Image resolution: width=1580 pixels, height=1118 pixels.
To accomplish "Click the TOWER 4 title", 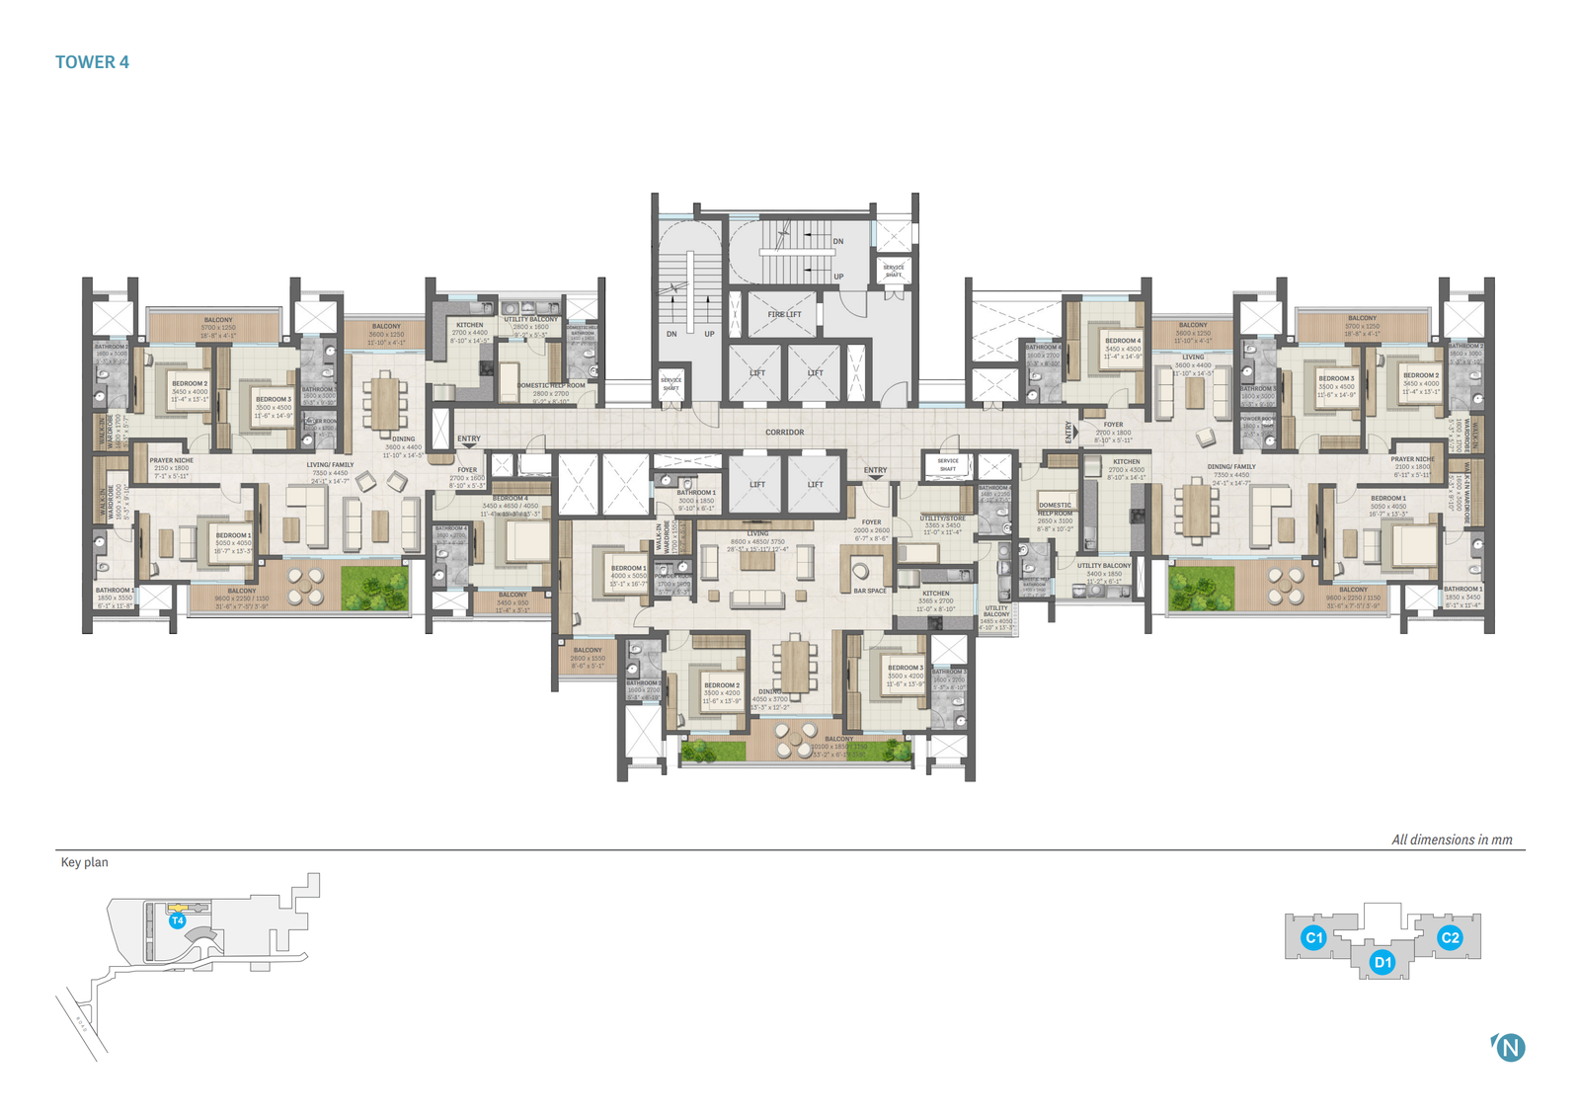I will point(92,62).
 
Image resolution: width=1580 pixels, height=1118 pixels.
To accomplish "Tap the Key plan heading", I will point(85,862).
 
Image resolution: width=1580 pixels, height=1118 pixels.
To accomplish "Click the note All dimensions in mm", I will point(1452,839).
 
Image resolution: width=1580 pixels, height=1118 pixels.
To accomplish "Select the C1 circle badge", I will point(1313,937).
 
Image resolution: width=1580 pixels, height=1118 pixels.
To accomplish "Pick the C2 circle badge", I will point(1450,937).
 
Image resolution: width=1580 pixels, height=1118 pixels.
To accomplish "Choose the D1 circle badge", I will point(1382,962).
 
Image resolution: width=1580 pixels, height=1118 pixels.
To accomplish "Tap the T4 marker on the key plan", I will point(178,920).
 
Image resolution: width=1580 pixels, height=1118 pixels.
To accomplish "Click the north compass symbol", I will point(1510,1047).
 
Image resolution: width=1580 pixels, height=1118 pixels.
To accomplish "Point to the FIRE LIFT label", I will point(785,314).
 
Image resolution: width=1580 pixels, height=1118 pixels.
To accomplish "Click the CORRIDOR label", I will point(785,433).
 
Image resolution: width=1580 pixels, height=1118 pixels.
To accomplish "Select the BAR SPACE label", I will point(870,591).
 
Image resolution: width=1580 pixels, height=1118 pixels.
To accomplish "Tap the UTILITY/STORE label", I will point(943,518).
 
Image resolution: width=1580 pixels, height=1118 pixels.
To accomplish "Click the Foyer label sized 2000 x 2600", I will point(871,522).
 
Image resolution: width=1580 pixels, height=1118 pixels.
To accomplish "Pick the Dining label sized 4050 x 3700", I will point(770,692).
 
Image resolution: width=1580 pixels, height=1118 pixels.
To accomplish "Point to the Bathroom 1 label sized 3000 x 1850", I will point(696,492).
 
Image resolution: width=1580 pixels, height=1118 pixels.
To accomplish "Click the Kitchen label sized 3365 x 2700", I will point(936,594).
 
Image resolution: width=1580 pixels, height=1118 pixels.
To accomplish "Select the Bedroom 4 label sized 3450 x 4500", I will point(1123,341).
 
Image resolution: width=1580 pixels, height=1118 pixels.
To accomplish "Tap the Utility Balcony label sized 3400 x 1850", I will point(1104,566).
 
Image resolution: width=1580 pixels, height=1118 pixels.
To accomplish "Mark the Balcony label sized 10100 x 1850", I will point(839,739).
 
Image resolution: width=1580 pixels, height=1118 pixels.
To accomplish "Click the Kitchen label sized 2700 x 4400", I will point(470,325).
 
